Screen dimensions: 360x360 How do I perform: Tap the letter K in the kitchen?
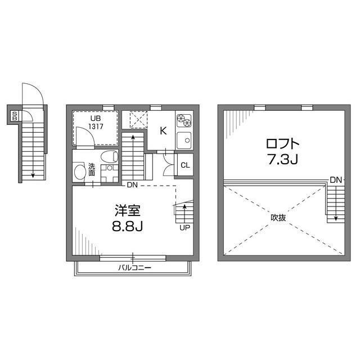(x=163, y=131)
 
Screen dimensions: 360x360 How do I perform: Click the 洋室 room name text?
(x=128, y=211)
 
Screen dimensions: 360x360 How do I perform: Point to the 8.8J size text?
(x=128, y=228)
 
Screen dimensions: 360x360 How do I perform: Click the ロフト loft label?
(x=280, y=143)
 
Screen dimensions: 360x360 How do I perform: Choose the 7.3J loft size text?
(x=280, y=160)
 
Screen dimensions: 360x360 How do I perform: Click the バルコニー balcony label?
(x=133, y=268)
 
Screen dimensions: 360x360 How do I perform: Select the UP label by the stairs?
(x=183, y=228)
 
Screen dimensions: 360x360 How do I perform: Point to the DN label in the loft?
(x=336, y=180)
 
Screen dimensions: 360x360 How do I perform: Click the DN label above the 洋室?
(x=132, y=185)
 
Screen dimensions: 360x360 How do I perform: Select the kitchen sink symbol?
(x=184, y=141)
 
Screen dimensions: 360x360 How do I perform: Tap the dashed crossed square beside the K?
(x=137, y=120)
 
